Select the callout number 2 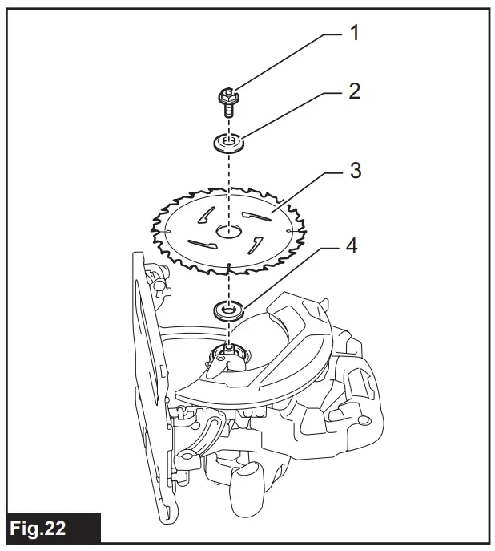(x=352, y=91)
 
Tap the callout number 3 (x=353, y=171)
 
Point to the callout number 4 (x=353, y=245)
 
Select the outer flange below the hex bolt (x=229, y=144)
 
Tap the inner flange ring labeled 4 (x=229, y=309)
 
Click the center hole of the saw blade (x=228, y=231)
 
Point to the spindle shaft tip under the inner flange (x=229, y=346)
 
